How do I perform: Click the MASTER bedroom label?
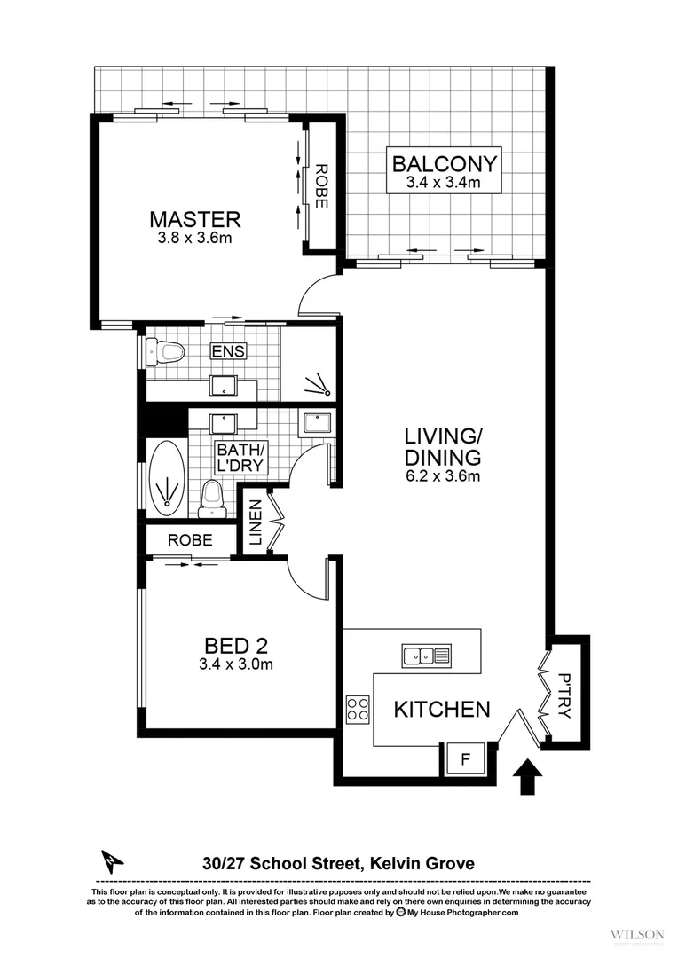click(x=194, y=218)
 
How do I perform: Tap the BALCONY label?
click(x=445, y=164)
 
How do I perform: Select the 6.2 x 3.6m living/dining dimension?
click(x=443, y=477)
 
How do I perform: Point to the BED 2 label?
click(x=236, y=645)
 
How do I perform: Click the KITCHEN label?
click(x=442, y=709)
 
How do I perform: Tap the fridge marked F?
click(x=466, y=758)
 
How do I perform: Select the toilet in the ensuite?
click(x=167, y=352)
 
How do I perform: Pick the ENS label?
click(x=228, y=351)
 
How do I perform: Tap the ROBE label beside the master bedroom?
click(x=321, y=186)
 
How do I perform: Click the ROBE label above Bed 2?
click(x=190, y=539)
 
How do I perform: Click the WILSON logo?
click(x=637, y=934)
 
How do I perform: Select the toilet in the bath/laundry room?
click(x=211, y=497)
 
